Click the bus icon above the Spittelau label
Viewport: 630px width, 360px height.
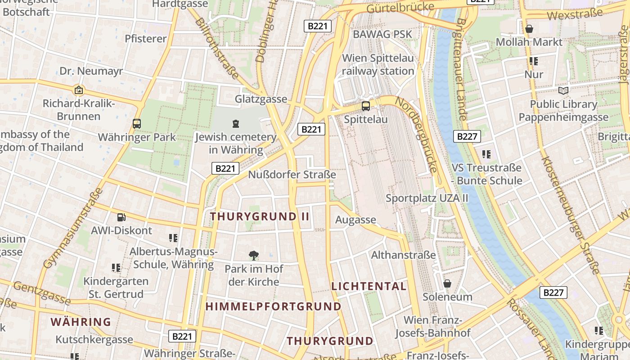point(366,106)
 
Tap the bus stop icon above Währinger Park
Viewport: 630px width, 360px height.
point(137,123)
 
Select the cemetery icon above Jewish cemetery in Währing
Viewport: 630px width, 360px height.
point(235,123)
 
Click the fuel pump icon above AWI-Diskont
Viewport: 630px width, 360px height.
point(121,217)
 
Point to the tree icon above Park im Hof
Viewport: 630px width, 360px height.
point(254,256)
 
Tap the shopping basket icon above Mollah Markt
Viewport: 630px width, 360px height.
point(529,29)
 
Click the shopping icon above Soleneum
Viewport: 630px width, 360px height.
point(447,283)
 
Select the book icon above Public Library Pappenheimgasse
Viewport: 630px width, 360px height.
point(563,91)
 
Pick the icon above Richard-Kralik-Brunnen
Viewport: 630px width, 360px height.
point(79,90)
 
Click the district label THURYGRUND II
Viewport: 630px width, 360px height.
point(260,216)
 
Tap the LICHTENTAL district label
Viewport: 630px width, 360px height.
point(369,286)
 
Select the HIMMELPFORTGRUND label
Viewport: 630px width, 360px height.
point(274,306)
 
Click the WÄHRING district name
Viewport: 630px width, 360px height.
point(81,322)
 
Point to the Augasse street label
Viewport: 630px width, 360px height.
point(355,220)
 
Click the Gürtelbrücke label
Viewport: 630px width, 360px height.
point(400,7)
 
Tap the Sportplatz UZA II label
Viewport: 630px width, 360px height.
point(427,198)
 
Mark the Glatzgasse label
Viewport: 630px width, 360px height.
point(261,99)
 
